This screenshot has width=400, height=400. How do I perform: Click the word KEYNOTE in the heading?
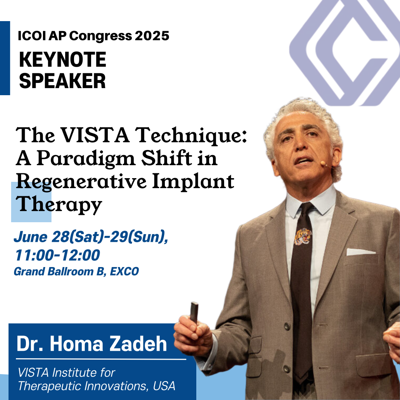coord(63,59)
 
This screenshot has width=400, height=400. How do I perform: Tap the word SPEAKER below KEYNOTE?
coord(63,81)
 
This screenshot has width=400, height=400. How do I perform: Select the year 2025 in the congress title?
coord(152,36)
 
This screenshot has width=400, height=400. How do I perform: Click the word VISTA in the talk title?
coord(95,135)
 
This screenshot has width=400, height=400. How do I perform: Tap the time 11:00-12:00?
coord(57,255)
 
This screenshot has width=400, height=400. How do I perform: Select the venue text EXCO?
coord(124,271)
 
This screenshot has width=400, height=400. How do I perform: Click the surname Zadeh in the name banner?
coord(138,344)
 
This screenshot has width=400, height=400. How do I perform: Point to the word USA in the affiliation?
coord(164,386)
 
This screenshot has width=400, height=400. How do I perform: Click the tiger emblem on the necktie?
coord(303,236)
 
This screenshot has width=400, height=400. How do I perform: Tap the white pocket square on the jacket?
coord(361,252)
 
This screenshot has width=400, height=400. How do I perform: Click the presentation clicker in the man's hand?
coord(194,313)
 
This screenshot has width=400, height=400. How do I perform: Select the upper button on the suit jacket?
coord(287,326)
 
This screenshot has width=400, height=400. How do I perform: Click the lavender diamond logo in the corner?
coord(345,52)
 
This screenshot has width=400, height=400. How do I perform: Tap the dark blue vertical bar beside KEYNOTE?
coord(5,58)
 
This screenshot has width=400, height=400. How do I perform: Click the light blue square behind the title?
coord(31,202)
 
